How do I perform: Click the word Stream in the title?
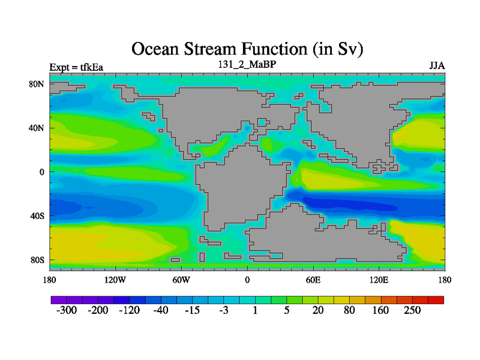coord(211,49)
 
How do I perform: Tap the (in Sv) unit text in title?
coord(338,49)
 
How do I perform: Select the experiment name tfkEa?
coord(92,67)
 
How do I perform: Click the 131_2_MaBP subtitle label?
coord(247,64)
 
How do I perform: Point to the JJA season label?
coord(437,66)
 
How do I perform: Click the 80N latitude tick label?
coord(37,84)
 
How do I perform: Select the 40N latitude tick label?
coord(37,128)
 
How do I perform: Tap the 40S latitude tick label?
coord(37,216)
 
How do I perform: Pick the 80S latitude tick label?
coord(37,260)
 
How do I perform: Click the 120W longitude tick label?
coord(115,280)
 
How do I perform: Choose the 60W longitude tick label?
coord(181,280)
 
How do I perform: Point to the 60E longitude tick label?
coord(313,280)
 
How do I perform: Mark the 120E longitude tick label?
coord(379,280)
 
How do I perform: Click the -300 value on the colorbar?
coord(67,310)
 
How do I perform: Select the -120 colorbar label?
coord(129,310)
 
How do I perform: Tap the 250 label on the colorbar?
coord(412,310)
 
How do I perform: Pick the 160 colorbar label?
coord(380,310)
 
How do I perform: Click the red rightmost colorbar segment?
coord(436,300)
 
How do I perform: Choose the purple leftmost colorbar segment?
coord(59,300)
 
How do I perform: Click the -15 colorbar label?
coord(192,310)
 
